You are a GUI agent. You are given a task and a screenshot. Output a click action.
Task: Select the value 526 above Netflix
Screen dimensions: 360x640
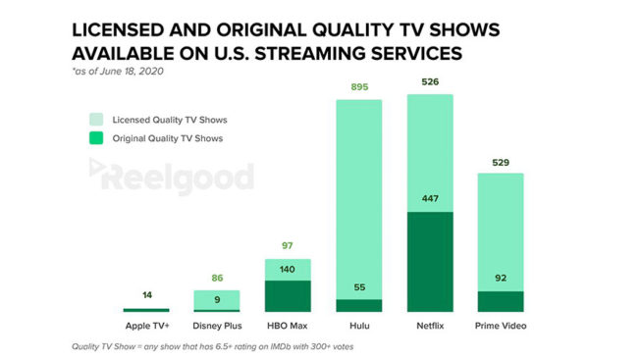click(429, 82)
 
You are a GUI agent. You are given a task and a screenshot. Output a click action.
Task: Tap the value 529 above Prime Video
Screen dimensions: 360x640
click(501, 162)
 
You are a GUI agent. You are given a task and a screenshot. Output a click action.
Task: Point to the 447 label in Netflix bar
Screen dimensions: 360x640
click(429, 224)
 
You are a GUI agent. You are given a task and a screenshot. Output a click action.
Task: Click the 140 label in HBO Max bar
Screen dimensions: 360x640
click(287, 268)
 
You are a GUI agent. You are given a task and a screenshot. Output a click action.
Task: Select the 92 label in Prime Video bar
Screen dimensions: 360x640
click(501, 279)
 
